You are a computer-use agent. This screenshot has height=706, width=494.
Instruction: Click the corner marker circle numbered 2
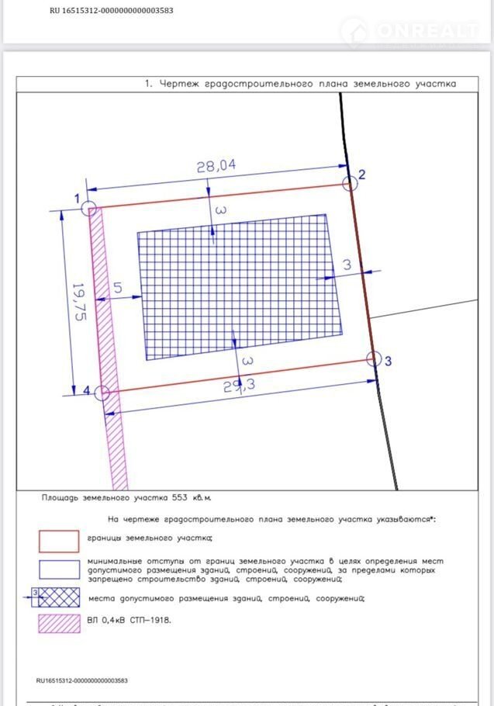point(351,183)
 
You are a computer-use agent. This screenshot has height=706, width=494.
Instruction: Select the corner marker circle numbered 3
point(374,359)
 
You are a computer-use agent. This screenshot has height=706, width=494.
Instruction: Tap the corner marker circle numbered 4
point(102,393)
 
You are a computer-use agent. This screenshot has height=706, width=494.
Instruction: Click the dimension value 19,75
point(78,302)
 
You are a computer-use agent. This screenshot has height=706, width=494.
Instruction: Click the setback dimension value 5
point(118,288)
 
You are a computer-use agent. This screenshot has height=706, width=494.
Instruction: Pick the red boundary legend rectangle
point(59,541)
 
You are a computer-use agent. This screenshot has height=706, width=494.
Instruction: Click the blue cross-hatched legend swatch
point(59,598)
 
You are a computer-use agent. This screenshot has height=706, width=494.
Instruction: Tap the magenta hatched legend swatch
point(59,623)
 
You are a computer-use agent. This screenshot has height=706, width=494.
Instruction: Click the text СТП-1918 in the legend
point(151,620)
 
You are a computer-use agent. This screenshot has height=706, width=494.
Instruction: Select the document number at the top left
point(111,12)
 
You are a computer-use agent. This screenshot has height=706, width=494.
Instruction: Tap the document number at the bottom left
point(82,680)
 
